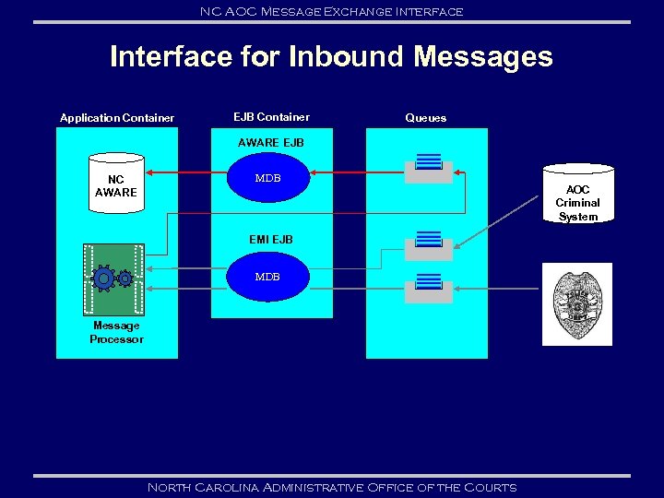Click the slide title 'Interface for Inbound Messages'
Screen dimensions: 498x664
[x=331, y=57]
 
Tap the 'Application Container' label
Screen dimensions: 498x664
[x=117, y=118]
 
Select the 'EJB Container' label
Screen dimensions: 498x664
[x=271, y=117]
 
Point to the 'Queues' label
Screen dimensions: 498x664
[x=425, y=118]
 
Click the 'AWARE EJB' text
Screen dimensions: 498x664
[x=270, y=143]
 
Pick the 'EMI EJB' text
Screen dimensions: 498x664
[x=270, y=240]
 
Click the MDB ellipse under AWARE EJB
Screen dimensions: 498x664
[x=267, y=178]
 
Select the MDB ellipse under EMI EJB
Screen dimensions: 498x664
[x=267, y=277]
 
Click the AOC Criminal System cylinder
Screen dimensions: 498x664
[x=577, y=195]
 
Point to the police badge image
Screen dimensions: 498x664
[x=576, y=304]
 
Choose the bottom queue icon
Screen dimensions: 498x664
[x=429, y=288]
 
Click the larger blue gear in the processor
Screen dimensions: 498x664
[x=104, y=278]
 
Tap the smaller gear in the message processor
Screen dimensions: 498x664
[x=125, y=278]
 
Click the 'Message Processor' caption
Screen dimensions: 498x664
[x=116, y=332]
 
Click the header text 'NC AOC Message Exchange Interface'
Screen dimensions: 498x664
[x=331, y=11]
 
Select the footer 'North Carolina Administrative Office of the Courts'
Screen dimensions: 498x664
[x=332, y=487]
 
